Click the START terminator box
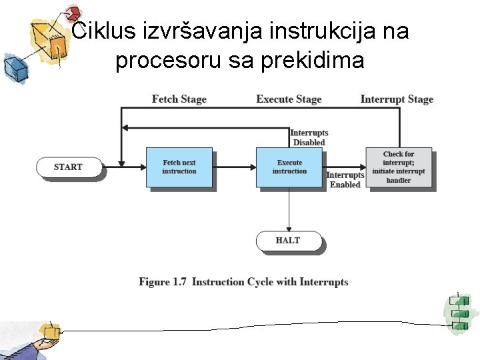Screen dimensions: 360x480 (x=68, y=167)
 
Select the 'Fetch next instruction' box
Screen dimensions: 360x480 (x=179, y=167)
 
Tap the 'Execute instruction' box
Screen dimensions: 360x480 (x=289, y=167)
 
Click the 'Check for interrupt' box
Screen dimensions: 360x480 (x=399, y=167)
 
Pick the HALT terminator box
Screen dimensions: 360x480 (x=288, y=241)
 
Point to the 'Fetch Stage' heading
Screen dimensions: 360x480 (x=179, y=99)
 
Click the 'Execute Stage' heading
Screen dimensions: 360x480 (x=289, y=99)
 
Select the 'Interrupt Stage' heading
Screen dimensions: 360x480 (x=397, y=99)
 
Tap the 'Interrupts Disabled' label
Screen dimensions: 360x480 (x=309, y=137)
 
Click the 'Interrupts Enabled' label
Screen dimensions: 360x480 (x=345, y=180)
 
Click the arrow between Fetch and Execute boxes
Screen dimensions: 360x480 (x=234, y=167)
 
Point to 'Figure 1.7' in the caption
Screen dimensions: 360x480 (x=163, y=282)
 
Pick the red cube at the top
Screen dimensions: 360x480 (x=73, y=13)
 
